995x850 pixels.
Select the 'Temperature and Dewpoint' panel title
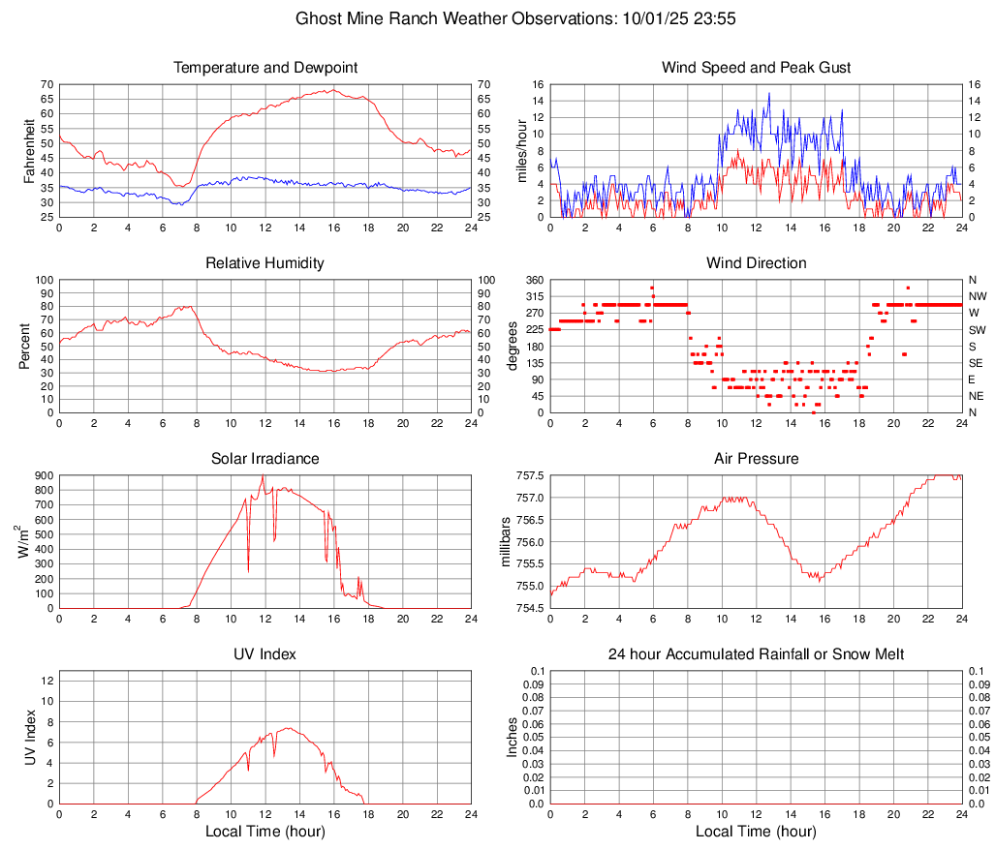point(265,68)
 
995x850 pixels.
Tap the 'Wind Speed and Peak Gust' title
point(757,68)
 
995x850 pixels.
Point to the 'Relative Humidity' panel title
point(265,263)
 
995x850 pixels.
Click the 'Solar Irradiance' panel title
point(265,458)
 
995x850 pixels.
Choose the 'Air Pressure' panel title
point(757,458)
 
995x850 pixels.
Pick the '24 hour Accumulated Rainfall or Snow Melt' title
point(757,654)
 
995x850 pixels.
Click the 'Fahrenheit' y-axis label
point(26,150)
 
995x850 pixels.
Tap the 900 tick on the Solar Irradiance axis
point(44,475)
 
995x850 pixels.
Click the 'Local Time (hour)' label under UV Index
point(265,832)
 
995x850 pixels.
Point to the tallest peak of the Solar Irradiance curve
point(263,475)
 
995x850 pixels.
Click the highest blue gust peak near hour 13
point(769,94)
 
